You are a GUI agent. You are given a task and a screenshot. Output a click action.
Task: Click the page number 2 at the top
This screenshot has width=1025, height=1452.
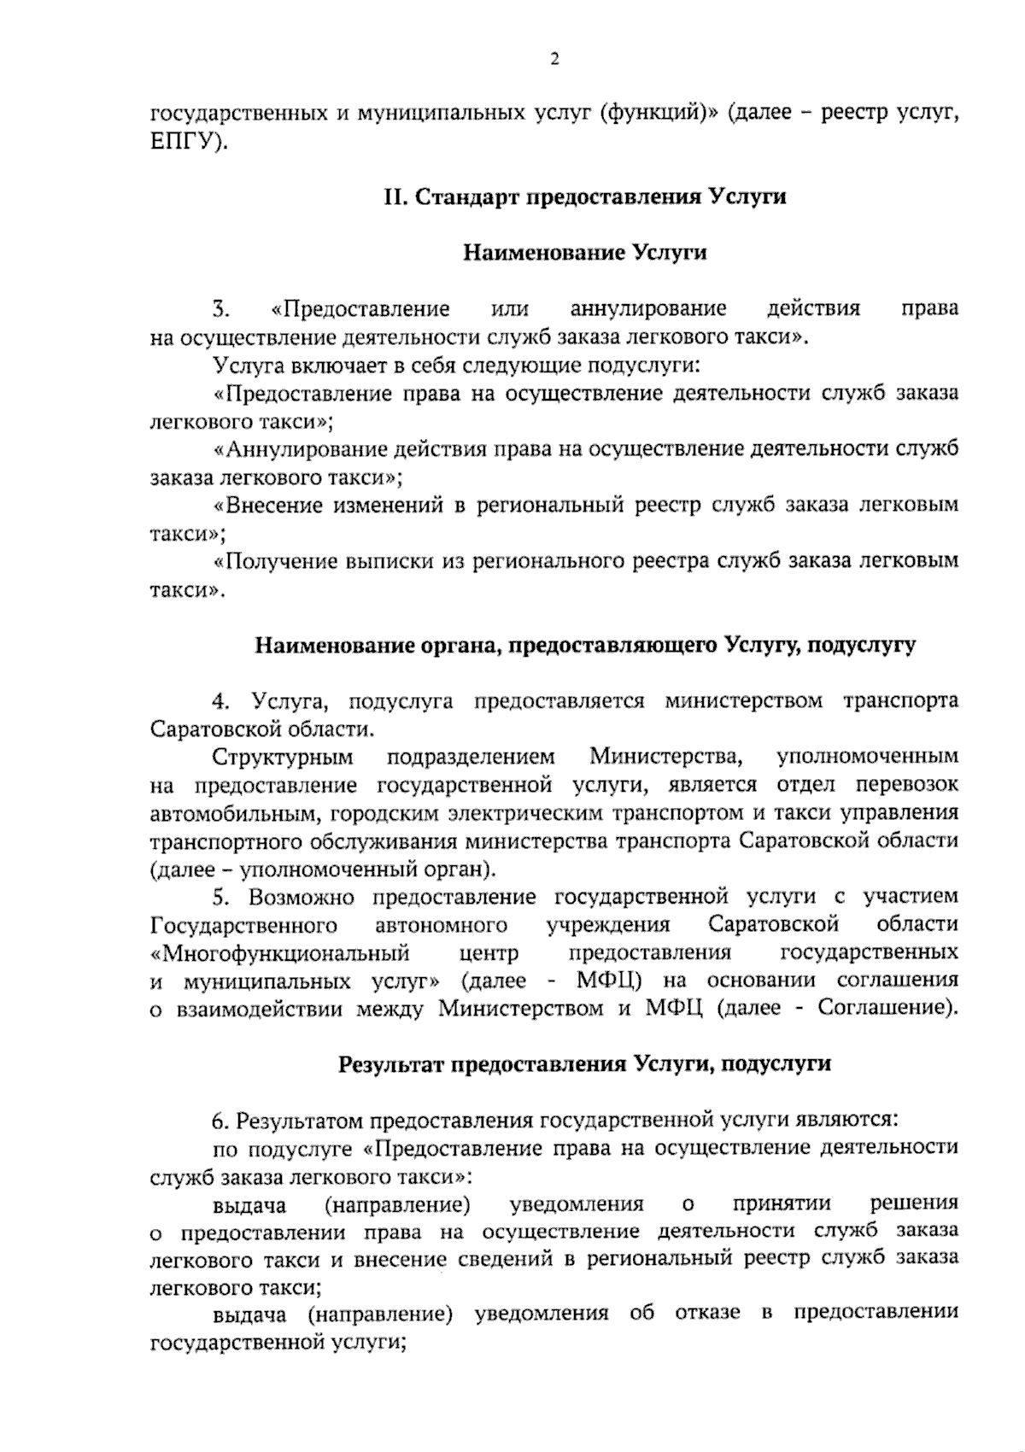(x=554, y=59)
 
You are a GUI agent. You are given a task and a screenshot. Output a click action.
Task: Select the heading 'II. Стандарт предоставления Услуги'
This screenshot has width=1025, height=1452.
(x=584, y=197)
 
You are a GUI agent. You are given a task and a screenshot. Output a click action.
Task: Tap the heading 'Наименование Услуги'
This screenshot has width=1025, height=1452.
(x=584, y=253)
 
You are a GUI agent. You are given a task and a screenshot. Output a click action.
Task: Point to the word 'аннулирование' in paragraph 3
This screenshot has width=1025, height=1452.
(x=647, y=308)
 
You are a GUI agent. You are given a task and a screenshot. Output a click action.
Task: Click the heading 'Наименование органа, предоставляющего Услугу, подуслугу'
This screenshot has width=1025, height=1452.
(x=585, y=646)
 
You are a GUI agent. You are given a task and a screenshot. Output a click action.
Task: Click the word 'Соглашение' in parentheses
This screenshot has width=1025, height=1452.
(x=881, y=1008)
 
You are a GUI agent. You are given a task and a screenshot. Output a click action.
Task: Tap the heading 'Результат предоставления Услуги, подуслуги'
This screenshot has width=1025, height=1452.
(x=584, y=1064)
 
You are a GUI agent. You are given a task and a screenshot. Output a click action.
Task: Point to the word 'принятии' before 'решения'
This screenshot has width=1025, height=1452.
(x=782, y=1204)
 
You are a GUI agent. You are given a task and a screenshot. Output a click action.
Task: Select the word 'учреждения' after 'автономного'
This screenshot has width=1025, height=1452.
(x=608, y=925)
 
